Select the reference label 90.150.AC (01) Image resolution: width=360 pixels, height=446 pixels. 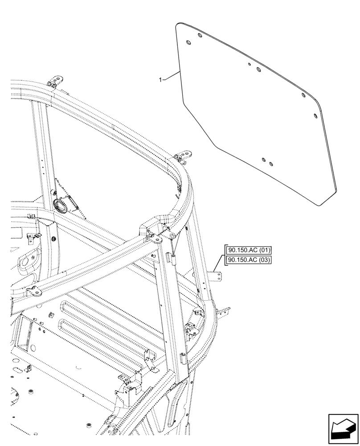click(x=249, y=250)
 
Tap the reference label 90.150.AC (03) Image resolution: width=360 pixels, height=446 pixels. click(x=249, y=260)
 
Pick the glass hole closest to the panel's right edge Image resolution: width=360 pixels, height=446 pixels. click(x=316, y=116)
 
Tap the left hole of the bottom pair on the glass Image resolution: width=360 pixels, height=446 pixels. click(x=264, y=159)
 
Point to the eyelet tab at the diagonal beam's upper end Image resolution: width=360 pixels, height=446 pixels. click(x=157, y=240)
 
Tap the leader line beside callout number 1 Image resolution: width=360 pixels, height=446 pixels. click(x=172, y=76)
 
